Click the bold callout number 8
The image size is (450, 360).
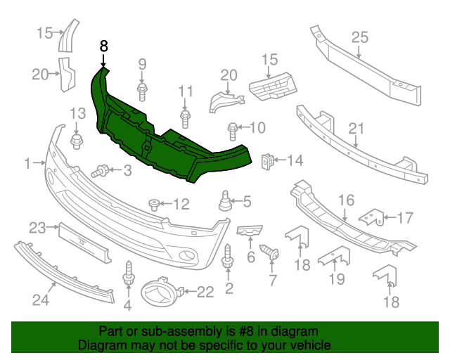tap(103, 46)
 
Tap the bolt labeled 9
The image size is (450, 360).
tap(142, 92)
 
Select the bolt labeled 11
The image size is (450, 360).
tap(185, 119)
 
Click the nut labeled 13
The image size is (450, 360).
tap(77, 141)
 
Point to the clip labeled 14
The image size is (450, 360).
tap(268, 162)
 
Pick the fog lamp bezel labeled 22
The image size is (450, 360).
tap(162, 292)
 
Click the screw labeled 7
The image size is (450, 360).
tap(269, 252)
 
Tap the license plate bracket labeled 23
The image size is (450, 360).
tap(85, 243)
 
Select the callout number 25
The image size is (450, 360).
tap(360, 37)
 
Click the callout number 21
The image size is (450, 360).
tap(356, 129)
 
